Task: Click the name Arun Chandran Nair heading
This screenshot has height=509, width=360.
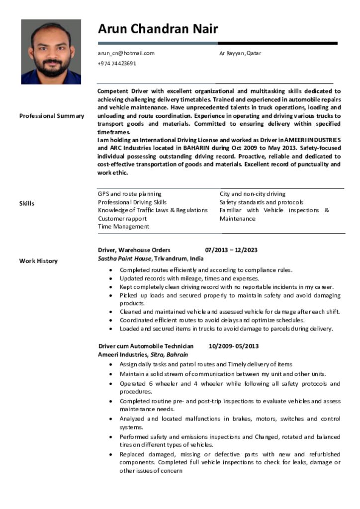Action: tap(158, 29)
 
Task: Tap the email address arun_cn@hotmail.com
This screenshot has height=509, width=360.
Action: tap(126, 53)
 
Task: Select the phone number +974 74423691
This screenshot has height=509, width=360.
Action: tap(117, 64)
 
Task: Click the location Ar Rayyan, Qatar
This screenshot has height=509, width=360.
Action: tap(240, 53)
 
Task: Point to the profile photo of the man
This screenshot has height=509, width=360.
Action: tap(51, 52)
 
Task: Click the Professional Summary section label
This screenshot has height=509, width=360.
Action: tap(52, 116)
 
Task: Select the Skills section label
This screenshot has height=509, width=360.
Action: tap(27, 203)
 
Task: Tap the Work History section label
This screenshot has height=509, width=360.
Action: tap(38, 261)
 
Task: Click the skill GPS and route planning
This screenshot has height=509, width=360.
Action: tap(129, 194)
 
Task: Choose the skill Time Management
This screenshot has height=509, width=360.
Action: tap(123, 227)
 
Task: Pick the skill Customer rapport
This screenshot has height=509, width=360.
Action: tap(122, 219)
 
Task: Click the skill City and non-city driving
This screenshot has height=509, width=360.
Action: tap(253, 194)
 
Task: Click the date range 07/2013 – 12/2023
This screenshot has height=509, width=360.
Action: tap(231, 250)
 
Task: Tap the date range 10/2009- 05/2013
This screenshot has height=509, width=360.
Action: tap(234, 346)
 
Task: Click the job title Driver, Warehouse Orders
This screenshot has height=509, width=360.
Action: tap(134, 250)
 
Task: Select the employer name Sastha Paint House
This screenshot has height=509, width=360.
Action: tap(124, 258)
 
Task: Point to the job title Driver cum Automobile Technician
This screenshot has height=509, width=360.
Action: tap(146, 346)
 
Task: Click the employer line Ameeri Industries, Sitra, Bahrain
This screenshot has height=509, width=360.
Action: tap(143, 354)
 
